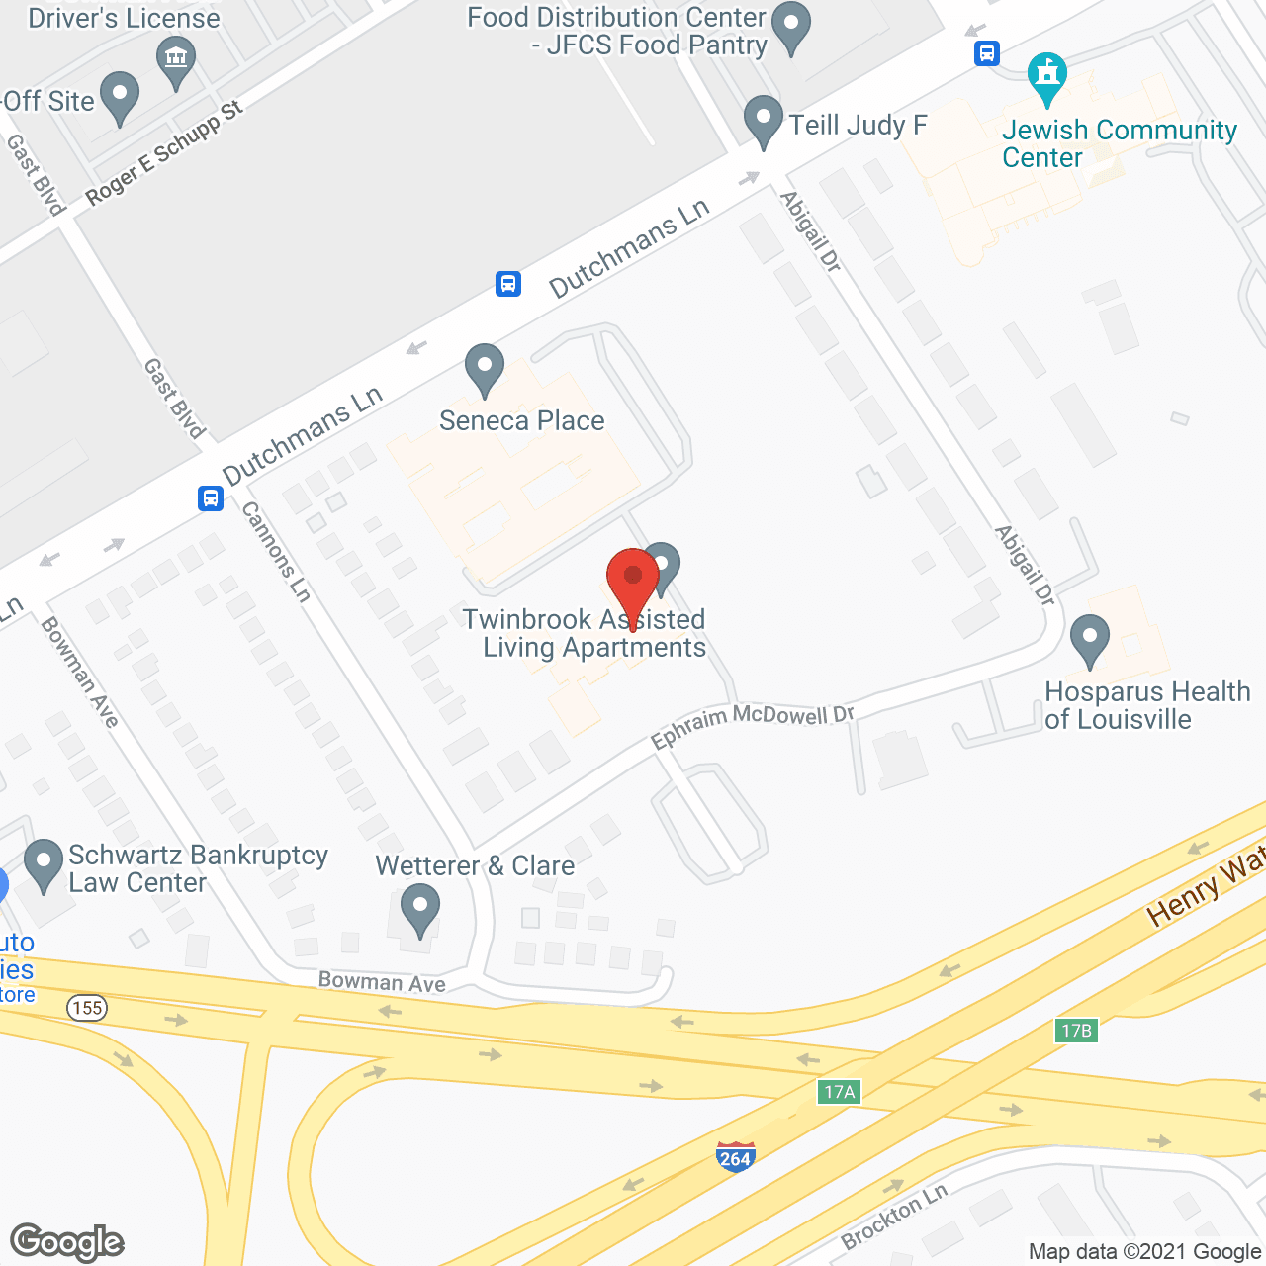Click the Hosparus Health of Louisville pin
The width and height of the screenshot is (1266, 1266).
pyautogui.click(x=1089, y=640)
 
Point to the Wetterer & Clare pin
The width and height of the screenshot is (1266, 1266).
pyautogui.click(x=420, y=909)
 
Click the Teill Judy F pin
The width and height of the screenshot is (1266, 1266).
pyautogui.click(x=763, y=121)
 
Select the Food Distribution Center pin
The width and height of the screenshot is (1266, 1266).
pyautogui.click(x=790, y=28)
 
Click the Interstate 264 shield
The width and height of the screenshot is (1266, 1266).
pyautogui.click(x=735, y=1155)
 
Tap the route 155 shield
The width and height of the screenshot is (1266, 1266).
pyautogui.click(x=87, y=1008)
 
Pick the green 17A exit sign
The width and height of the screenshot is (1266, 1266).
pyautogui.click(x=839, y=1092)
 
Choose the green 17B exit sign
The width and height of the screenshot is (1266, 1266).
pyautogui.click(x=1076, y=1031)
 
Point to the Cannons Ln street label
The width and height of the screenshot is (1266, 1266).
pyautogui.click(x=277, y=551)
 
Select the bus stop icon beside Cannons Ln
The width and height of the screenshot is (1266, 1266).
pyautogui.click(x=211, y=497)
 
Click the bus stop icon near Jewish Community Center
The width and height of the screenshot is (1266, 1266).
pyautogui.click(x=987, y=53)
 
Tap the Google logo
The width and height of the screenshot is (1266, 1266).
pyautogui.click(x=67, y=1242)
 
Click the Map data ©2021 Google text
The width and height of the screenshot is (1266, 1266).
pyautogui.click(x=1145, y=1252)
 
